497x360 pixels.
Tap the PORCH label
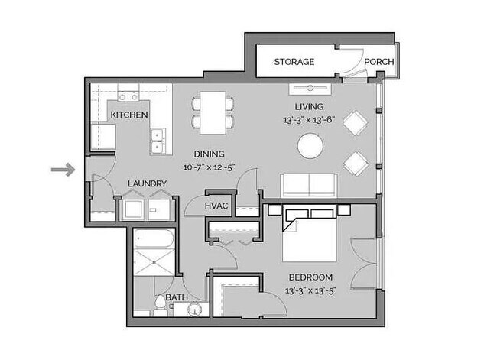pos(378,62)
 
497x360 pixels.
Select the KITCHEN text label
pos(129,115)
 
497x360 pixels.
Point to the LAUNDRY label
pos(147,183)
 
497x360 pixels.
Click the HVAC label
pos(218,206)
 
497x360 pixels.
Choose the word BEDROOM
pos(310,277)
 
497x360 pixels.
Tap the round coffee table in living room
pos(310,145)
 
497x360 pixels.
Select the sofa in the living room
pos(310,185)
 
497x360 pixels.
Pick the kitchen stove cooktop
pos(128,97)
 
